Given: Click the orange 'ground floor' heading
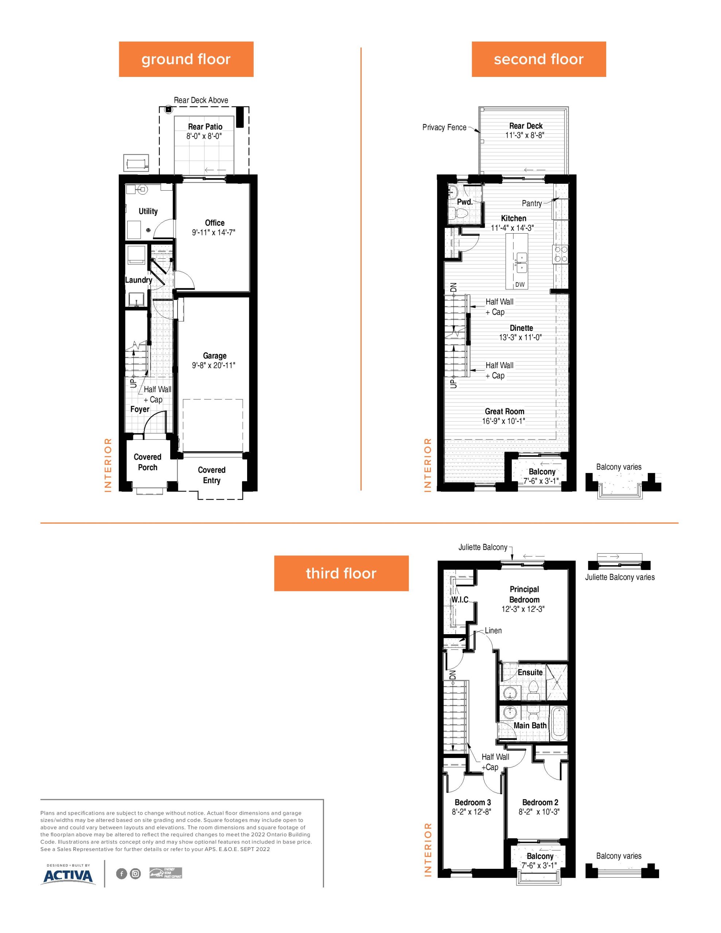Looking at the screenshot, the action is coord(186,59).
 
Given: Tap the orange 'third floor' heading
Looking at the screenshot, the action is coord(341,573).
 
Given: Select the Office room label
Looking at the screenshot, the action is coord(215,223).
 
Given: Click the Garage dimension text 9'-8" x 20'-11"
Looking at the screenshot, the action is coord(214,365).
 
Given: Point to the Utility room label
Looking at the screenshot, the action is coord(148,211).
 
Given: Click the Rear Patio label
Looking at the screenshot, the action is coord(205,126).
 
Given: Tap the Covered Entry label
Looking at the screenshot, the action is coord(211,475).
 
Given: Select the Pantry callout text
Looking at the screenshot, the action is coord(532,203).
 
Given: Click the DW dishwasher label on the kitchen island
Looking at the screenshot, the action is coord(520,285).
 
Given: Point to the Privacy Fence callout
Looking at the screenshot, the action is coord(444,127).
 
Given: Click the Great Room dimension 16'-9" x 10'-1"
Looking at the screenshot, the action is coord(503,421).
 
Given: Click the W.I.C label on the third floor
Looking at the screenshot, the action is coord(460,600).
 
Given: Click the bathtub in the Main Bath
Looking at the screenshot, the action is coord(558,723).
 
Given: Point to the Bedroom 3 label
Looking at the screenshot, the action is coord(473,802).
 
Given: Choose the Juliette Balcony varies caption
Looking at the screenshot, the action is coord(620,577).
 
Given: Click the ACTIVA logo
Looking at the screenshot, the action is coord(68,876).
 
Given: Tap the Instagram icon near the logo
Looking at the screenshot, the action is coord(136,874).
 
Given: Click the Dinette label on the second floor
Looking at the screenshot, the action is coord(521,328).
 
